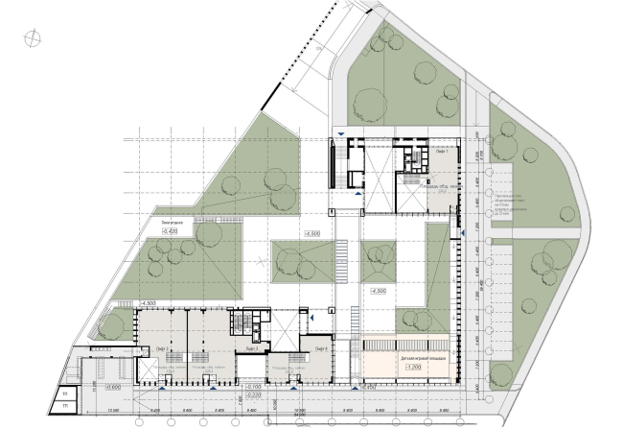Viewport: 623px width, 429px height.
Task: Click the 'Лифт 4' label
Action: (x=321, y=347)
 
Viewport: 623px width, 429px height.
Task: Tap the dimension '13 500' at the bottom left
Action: (x=114, y=411)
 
